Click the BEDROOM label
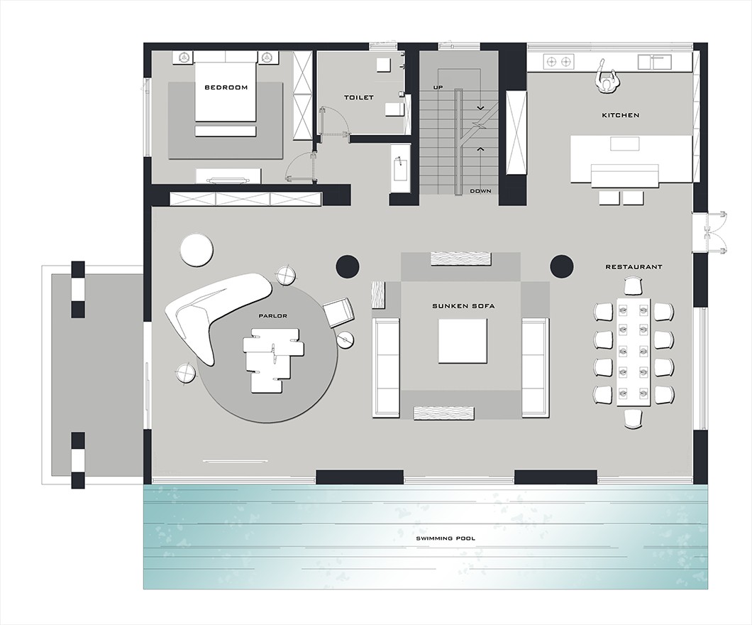coord(226,87)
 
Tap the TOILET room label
coord(359,97)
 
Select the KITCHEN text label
coord(621,115)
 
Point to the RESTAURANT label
coord(634,267)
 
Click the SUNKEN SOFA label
coord(463,306)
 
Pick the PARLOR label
coord(273,316)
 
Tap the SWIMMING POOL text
coord(446,538)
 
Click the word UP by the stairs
coord(438,87)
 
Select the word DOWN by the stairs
coord(480,191)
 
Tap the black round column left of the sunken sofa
coord(348,266)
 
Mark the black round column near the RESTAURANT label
coord(562,266)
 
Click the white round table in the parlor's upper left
coord(197,249)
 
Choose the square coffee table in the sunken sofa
coord(463,342)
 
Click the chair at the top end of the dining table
coord(633,287)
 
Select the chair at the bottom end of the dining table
coord(633,419)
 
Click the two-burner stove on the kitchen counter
coord(559,62)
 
